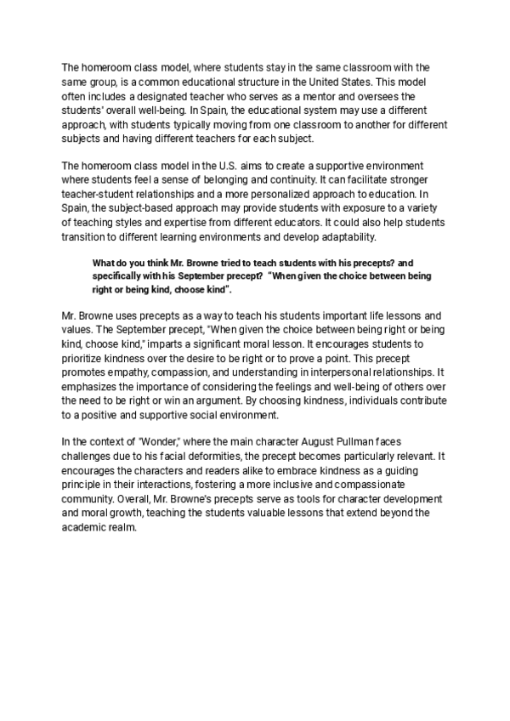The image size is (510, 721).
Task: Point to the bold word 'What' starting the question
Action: click(x=104, y=264)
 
